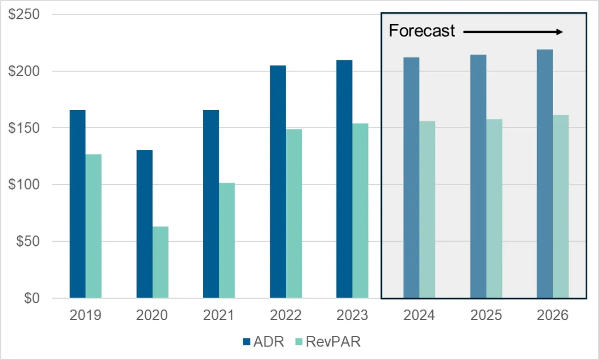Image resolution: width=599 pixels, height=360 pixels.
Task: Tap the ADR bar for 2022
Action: (x=278, y=181)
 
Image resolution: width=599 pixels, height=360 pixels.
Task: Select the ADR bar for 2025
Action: (x=478, y=176)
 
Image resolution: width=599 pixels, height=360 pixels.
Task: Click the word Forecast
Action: (x=422, y=31)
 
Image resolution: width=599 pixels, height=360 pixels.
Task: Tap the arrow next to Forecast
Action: (x=513, y=32)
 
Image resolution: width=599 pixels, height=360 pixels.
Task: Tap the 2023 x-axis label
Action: (x=352, y=316)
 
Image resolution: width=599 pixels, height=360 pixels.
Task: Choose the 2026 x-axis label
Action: (x=552, y=316)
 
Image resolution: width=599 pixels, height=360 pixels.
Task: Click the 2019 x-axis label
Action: (x=85, y=316)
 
